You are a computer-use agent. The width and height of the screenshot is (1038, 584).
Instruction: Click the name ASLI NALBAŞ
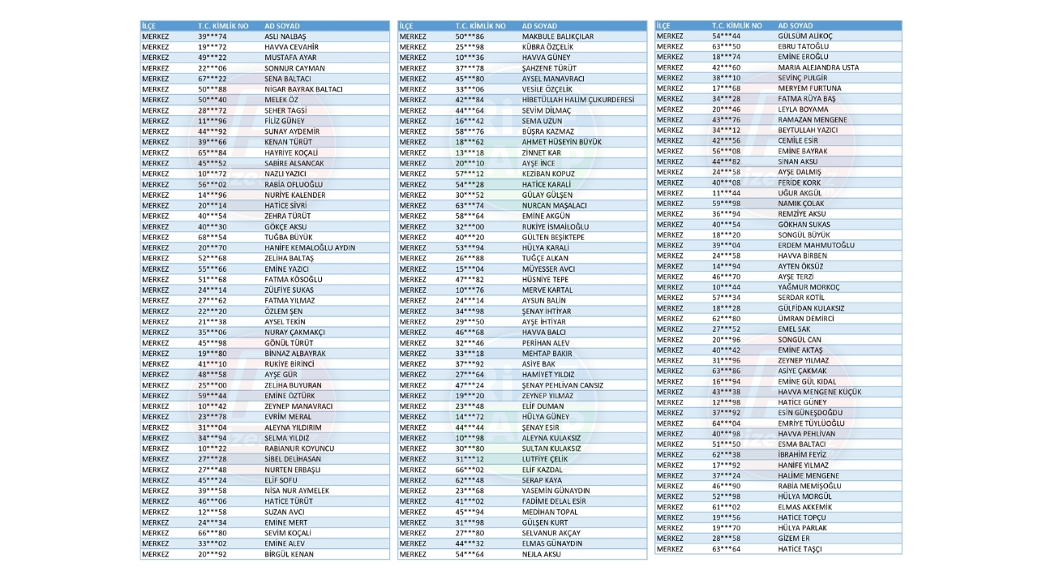[285, 36]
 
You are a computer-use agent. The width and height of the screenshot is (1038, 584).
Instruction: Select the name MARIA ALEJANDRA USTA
[818, 67]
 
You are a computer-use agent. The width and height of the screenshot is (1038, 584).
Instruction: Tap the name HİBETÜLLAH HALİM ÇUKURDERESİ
[578, 100]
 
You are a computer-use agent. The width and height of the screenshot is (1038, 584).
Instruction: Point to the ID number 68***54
[212, 237]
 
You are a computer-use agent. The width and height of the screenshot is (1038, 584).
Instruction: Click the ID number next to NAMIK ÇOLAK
[726, 204]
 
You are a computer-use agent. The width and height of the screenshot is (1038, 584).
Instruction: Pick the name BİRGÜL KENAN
[289, 554]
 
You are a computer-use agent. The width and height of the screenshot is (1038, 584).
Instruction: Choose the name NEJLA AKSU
[541, 554]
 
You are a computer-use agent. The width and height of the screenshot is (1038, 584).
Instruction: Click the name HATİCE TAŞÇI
[800, 549]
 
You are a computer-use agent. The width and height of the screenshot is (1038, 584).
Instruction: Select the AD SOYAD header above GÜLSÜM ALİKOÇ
[796, 26]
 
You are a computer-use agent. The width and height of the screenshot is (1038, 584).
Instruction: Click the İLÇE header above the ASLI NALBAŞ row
[150, 26]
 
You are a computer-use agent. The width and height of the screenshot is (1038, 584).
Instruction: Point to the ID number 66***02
[470, 470]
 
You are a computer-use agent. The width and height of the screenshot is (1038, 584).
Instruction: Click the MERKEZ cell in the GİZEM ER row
[670, 539]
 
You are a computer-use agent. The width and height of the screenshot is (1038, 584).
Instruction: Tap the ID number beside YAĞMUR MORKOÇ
[726, 287]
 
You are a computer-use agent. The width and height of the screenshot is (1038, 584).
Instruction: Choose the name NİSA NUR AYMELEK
[297, 491]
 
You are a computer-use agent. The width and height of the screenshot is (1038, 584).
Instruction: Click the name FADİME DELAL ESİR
[554, 501]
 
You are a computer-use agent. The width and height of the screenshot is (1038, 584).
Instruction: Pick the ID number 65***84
[212, 152]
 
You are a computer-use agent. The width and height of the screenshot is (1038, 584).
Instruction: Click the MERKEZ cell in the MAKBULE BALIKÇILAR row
[413, 36]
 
